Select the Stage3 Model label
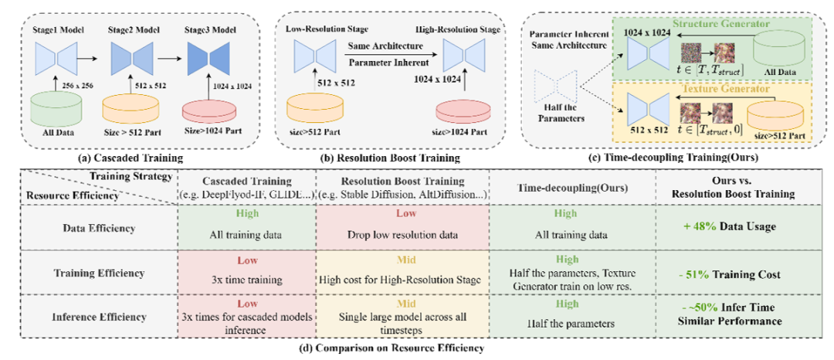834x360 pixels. pyautogui.click(x=208, y=28)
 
